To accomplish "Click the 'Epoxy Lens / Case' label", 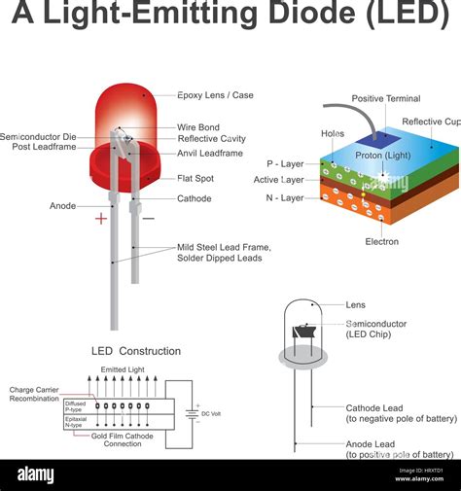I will [x=215, y=95].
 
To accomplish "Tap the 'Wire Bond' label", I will [x=197, y=126].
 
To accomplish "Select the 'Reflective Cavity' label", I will [x=211, y=139].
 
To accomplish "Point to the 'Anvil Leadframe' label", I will [x=209, y=153].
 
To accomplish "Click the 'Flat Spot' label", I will [x=196, y=179].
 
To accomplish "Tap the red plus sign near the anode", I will [x=101, y=219].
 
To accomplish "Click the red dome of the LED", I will [x=124, y=112].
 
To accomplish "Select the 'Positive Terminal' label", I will [x=385, y=98].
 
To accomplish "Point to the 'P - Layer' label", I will [x=287, y=164].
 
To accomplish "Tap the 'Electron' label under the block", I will [x=381, y=241].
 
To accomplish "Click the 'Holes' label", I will [x=332, y=133].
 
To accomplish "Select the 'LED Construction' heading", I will [x=136, y=351].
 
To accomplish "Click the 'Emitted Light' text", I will [x=123, y=369].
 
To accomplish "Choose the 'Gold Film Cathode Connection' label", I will [x=124, y=438].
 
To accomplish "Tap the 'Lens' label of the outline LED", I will [x=356, y=304].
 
